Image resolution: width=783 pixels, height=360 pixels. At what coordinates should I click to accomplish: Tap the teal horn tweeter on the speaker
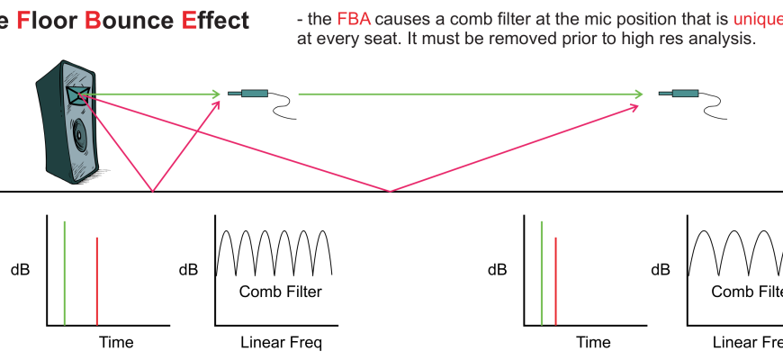coord(74,94)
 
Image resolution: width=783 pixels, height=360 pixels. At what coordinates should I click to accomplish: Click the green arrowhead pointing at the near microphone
coord(216,93)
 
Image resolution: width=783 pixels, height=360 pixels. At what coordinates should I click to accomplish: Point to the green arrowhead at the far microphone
coord(639,93)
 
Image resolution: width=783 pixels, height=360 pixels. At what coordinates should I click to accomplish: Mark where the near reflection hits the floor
coord(153,191)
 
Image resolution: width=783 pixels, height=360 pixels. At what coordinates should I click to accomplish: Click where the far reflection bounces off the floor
coord(391,191)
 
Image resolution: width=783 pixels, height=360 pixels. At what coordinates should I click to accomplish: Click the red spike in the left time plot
coord(96,280)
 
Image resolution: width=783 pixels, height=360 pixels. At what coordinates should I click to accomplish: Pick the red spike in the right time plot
coord(556,280)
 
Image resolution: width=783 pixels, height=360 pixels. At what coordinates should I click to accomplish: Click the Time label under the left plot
coord(115,342)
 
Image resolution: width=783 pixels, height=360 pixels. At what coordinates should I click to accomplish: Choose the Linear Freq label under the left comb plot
coord(281,342)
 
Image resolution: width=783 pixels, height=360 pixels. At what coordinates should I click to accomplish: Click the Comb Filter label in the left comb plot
coord(280,292)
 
